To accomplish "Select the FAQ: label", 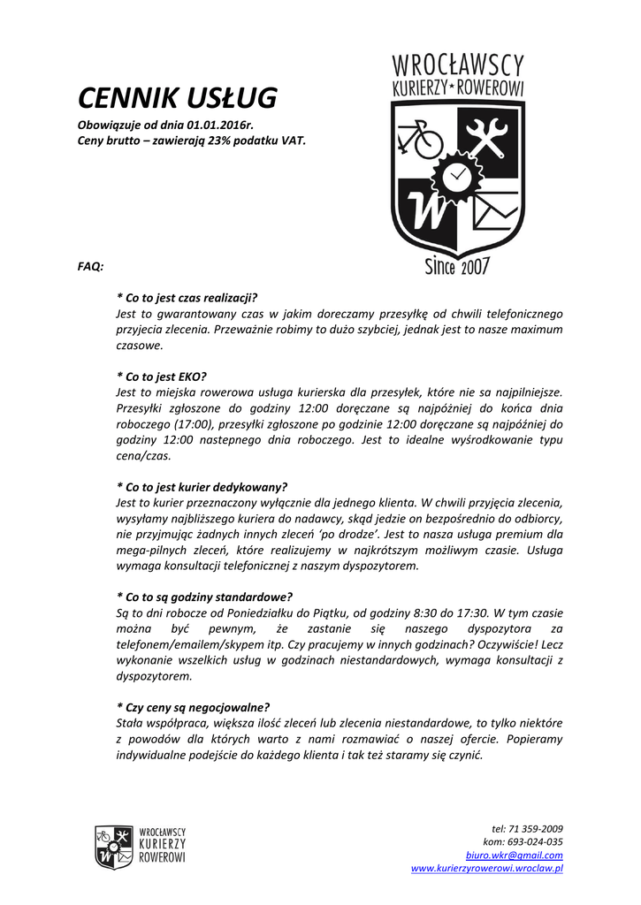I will (x=91, y=265).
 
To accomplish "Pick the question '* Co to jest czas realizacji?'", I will (x=192, y=299).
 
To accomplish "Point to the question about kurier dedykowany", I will (x=202, y=486).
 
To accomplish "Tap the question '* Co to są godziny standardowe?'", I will (x=204, y=597).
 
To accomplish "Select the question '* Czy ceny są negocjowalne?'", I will (x=194, y=706).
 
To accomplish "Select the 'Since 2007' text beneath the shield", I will (x=457, y=266).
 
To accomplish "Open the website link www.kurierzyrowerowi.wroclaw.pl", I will (x=487, y=869).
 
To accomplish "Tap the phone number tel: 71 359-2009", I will (x=527, y=829).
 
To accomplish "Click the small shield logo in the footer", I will (x=115, y=846).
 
